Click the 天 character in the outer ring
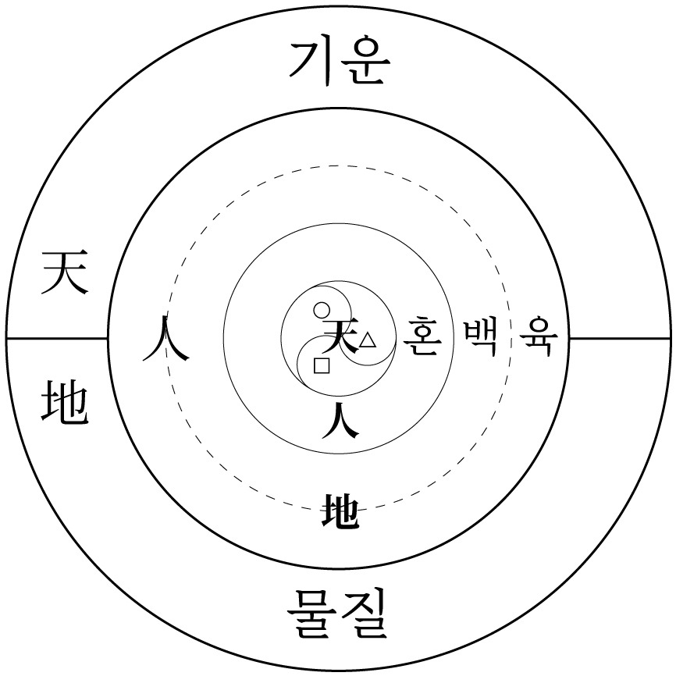click(65, 273)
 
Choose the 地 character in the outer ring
click(65, 401)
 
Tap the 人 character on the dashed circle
click(165, 340)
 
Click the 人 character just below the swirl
click(340, 420)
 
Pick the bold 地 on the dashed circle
click(340, 511)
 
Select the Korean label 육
click(539, 336)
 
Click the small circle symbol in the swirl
click(322, 310)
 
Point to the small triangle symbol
click(368, 340)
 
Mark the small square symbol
click(322, 365)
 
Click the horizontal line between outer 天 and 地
click(57, 339)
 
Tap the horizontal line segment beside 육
click(620, 339)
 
